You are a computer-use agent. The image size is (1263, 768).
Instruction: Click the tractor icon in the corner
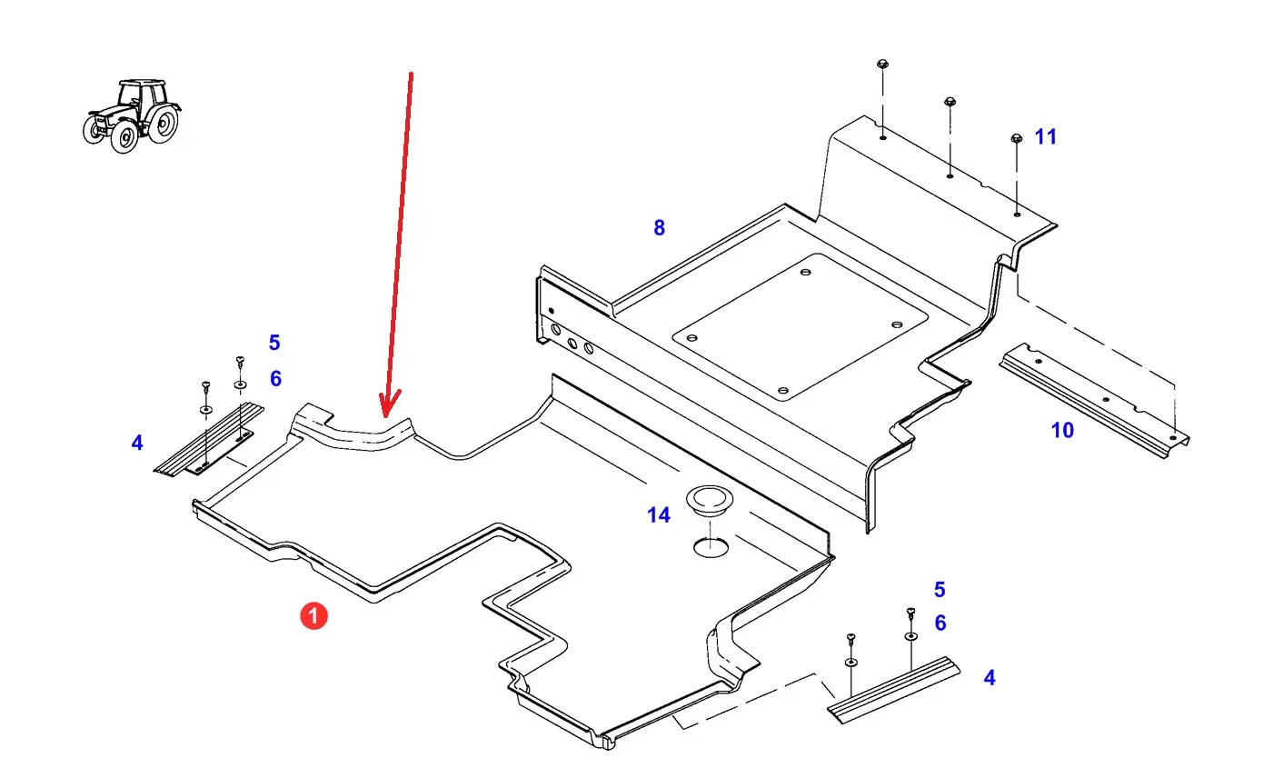[132, 115]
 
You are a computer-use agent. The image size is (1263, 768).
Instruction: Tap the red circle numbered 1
[313, 616]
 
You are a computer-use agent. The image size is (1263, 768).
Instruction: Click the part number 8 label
[660, 228]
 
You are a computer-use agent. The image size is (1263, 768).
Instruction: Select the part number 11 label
[1046, 137]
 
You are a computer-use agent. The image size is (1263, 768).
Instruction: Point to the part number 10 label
[1062, 430]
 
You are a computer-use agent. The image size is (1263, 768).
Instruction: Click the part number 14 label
[659, 515]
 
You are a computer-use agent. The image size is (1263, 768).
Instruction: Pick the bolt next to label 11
[1016, 139]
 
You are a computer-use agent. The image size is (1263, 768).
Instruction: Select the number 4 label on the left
[137, 444]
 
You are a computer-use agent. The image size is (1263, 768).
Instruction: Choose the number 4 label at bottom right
[990, 678]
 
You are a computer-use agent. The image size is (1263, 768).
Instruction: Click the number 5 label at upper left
[274, 343]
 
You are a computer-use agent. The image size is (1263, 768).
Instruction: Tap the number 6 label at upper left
[275, 378]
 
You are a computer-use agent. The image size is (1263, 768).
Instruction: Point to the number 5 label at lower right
[940, 590]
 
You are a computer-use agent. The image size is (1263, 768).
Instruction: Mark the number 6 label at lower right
[940, 623]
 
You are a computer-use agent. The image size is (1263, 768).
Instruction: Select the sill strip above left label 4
[209, 440]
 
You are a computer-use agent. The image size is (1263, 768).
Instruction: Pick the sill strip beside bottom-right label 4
[892, 690]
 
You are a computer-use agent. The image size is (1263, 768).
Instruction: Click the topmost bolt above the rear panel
[882, 65]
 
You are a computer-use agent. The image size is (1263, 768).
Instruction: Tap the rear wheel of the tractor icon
[161, 124]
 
